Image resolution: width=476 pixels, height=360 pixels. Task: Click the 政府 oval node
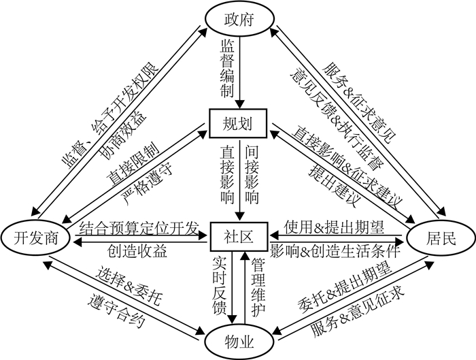pos(238,20)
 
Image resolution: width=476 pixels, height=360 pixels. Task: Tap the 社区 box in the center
pos(238,235)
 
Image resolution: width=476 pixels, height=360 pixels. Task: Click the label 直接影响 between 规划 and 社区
pos(226,174)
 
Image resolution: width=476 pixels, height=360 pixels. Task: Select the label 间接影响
pos(250,174)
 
